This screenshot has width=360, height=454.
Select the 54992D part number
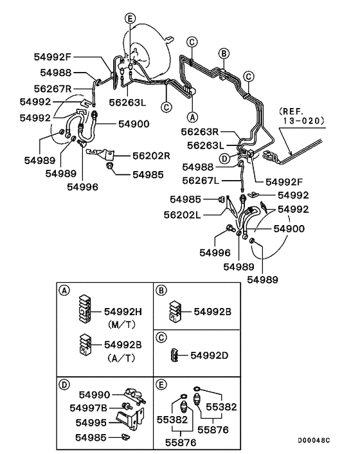(x=205, y=355)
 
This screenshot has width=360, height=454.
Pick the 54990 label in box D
(x=94, y=394)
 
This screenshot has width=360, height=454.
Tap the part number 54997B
(x=91, y=408)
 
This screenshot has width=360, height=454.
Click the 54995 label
(x=92, y=422)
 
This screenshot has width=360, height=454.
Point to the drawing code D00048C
(x=313, y=440)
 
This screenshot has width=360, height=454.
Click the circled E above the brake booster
(x=130, y=19)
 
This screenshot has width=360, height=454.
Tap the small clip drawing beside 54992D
(x=174, y=355)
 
